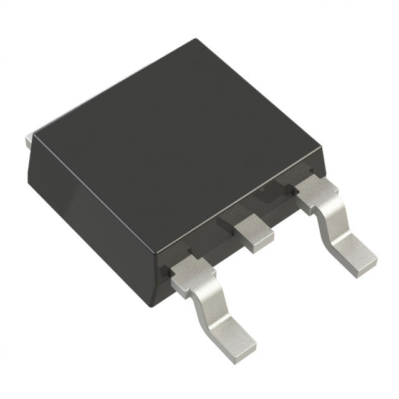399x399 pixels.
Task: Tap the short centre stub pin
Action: tap(252, 231)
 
